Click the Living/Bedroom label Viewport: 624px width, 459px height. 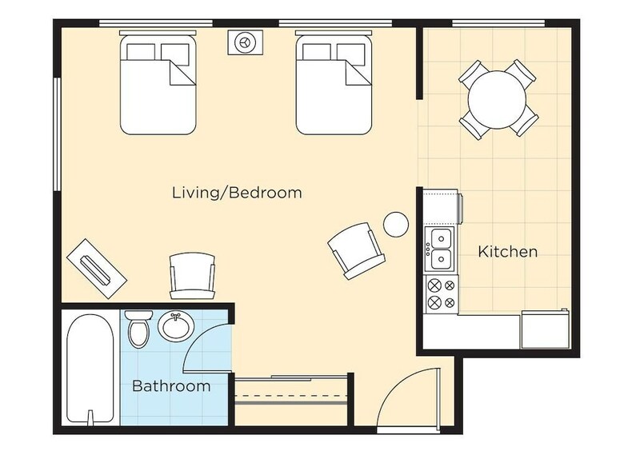pos(237,193)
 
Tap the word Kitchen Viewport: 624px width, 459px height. pos(507,251)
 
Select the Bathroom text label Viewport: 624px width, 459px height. pos(171,385)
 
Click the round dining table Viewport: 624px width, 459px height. pos(497,99)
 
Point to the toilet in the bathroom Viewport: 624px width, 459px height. pos(138,329)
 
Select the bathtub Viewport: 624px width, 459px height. pos(90,369)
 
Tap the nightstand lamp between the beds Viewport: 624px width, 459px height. pos(244,42)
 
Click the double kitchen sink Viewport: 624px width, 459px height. pos(439,249)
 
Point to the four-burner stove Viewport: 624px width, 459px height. pos(442,294)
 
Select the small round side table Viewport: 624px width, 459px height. pos(396,225)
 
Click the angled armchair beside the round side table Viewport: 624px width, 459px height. pos(356,249)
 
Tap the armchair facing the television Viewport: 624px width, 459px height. pos(193,275)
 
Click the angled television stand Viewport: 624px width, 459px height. pos(97,268)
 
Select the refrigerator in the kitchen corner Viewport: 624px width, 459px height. pos(545,329)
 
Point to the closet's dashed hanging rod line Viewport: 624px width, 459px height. pos(291,396)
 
